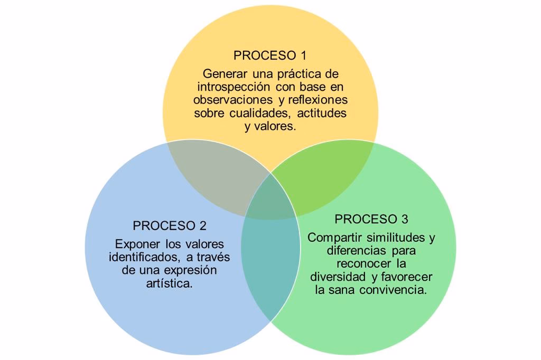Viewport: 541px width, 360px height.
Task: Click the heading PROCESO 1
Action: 270,55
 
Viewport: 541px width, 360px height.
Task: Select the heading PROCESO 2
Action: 170,225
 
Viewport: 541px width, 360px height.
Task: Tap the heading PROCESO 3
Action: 371,219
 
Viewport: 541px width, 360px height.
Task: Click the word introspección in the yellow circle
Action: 228,87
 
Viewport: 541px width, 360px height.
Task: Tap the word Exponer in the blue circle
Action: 135,244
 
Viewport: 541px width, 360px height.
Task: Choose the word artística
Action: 169,283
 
